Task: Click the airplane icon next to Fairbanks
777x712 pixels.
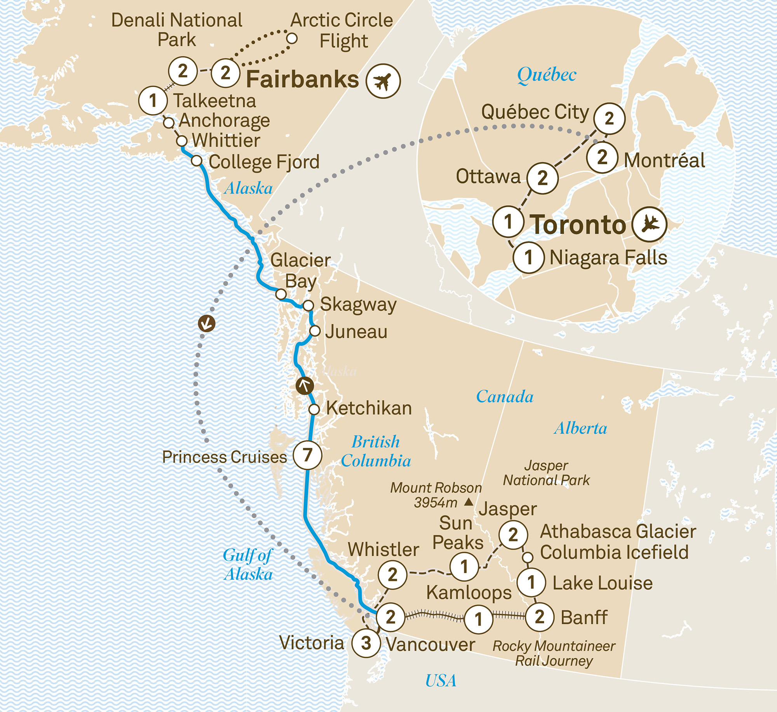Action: [383, 81]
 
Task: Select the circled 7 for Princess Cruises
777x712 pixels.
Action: [307, 454]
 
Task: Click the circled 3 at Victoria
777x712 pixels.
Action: [366, 643]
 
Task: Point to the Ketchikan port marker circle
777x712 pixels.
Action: [314, 409]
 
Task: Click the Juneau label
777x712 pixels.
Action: [356, 332]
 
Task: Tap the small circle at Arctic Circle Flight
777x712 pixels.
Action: [292, 39]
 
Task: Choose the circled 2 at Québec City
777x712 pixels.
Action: [609, 119]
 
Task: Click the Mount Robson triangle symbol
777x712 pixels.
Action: [469, 502]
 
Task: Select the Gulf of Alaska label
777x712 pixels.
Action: [248, 565]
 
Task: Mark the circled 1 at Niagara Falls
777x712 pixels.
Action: [528, 257]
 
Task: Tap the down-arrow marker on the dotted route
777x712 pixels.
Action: [206, 323]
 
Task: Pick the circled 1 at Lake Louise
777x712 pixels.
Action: [531, 582]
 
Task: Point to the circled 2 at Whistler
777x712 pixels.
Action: [392, 574]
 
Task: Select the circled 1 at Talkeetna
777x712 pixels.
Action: [153, 101]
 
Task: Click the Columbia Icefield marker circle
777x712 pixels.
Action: [527, 557]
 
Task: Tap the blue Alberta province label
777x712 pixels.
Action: [580, 428]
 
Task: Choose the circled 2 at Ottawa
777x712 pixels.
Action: [542, 178]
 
